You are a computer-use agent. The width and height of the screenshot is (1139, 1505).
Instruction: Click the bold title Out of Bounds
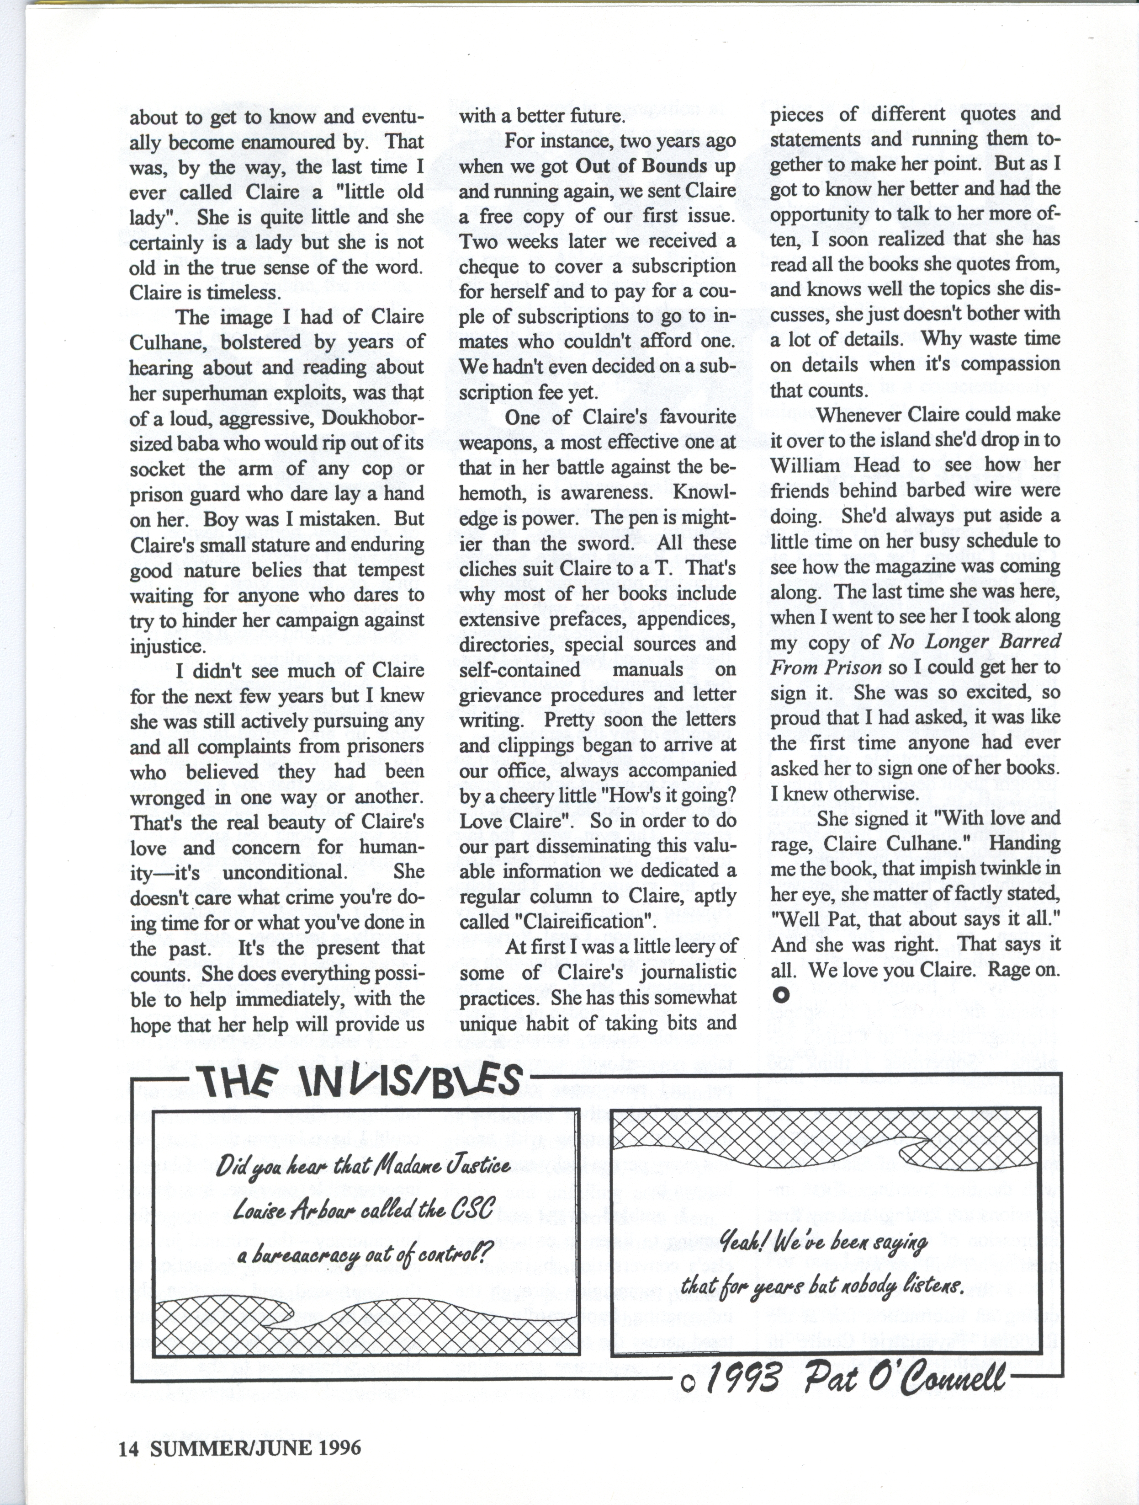click(641, 166)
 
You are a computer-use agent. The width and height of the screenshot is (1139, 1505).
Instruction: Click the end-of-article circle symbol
click(781, 995)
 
